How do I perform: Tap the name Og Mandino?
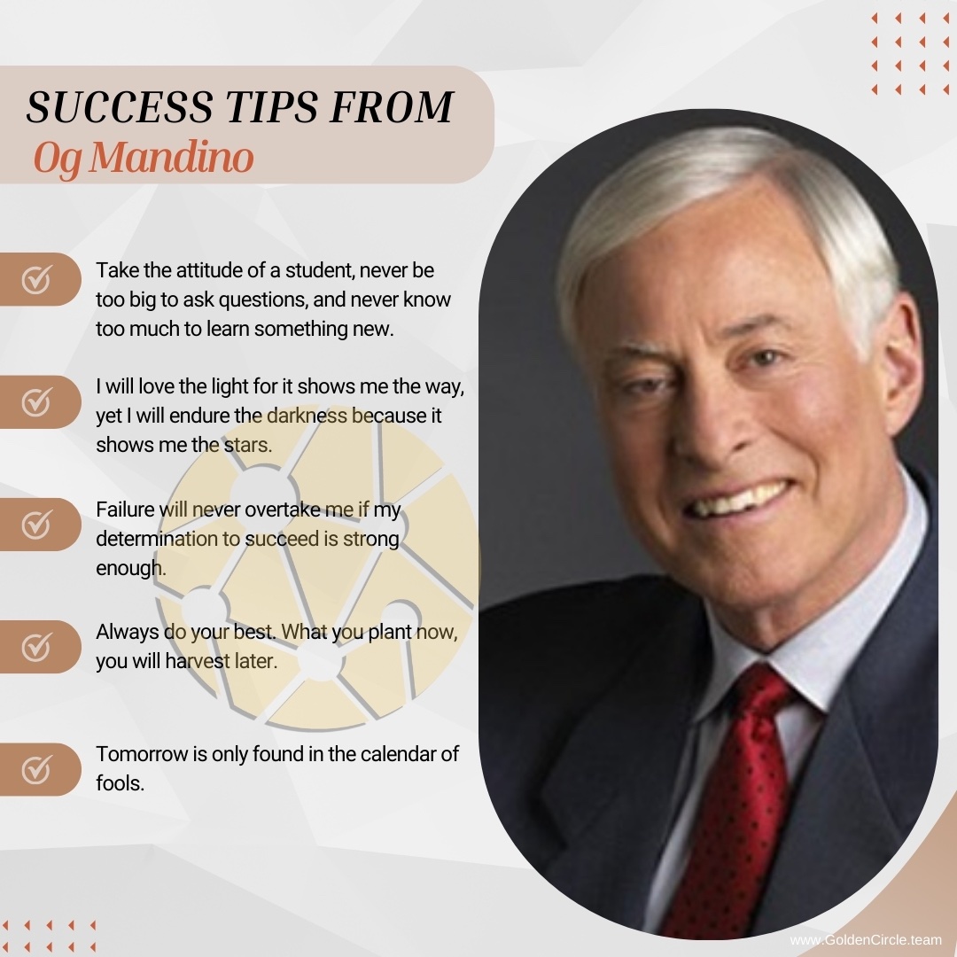[143, 157]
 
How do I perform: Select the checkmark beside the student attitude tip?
[36, 280]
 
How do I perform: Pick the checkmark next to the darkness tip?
[36, 402]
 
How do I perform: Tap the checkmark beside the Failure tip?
[36, 525]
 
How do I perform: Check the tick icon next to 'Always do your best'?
[36, 647]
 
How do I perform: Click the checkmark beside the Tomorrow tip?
[36, 769]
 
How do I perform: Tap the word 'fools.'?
[120, 783]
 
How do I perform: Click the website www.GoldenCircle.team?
[865, 939]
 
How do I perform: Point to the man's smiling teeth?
[737, 501]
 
